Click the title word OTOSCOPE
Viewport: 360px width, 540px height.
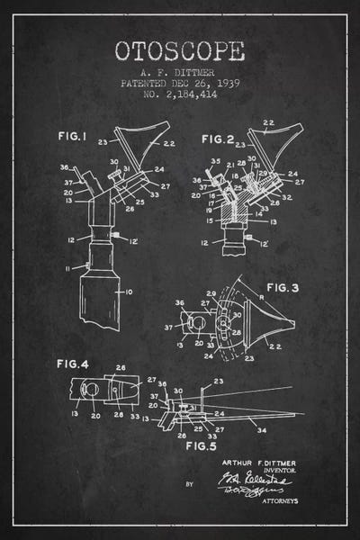179,51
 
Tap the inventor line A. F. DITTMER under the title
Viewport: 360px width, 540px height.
179,72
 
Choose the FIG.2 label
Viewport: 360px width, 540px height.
218,139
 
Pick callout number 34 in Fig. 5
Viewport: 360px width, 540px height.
261,429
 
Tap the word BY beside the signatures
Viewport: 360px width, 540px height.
189,483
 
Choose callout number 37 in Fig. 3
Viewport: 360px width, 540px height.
168,327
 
